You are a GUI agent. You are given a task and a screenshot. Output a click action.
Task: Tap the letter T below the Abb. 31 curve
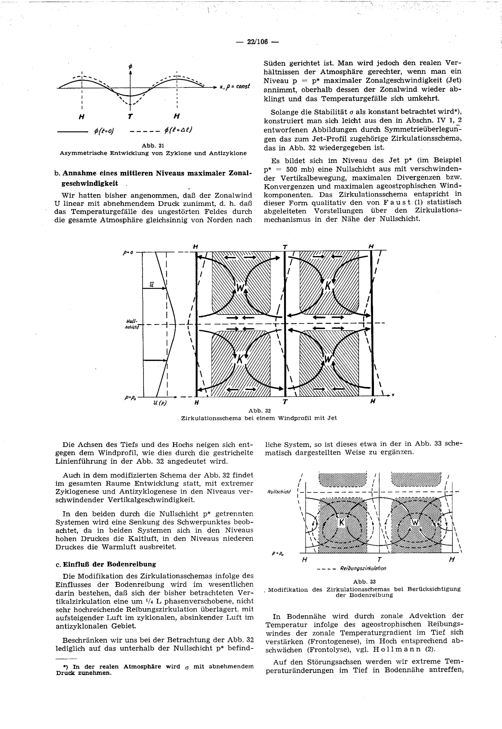pyautogui.click(x=130, y=117)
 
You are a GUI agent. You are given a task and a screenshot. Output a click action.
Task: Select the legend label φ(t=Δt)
pyautogui.click(x=178, y=130)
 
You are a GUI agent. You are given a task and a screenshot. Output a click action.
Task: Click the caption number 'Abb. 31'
pyautogui.click(x=153, y=146)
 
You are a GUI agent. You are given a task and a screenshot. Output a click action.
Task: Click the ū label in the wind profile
pyautogui.click(x=152, y=284)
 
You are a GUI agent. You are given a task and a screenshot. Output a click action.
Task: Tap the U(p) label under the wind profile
pyautogui.click(x=160, y=403)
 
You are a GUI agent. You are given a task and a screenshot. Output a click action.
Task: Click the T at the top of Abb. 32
pyautogui.click(x=285, y=247)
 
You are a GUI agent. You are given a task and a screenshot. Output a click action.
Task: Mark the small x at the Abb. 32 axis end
pyautogui.click(x=393, y=395)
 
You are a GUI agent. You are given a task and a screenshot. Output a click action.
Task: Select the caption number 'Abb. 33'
pyautogui.click(x=364, y=582)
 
